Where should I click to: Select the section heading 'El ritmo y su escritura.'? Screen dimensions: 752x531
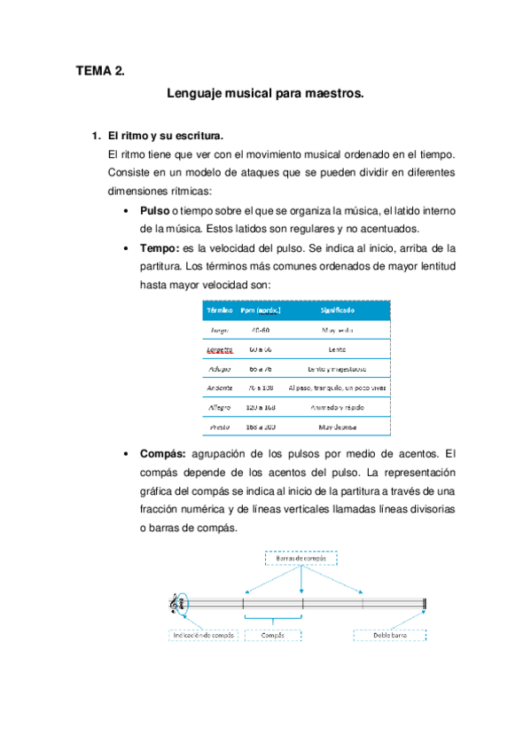(x=165, y=137)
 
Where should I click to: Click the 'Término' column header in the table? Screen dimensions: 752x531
(x=220, y=311)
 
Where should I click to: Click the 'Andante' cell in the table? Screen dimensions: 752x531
(x=220, y=388)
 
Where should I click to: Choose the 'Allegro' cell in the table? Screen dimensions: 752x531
(x=220, y=407)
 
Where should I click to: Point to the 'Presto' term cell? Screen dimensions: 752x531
(x=220, y=427)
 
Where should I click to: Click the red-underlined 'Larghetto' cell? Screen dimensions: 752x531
(x=220, y=349)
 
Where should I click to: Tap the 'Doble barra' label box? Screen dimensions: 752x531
(x=390, y=636)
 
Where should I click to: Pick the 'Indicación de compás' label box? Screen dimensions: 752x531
(x=203, y=636)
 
